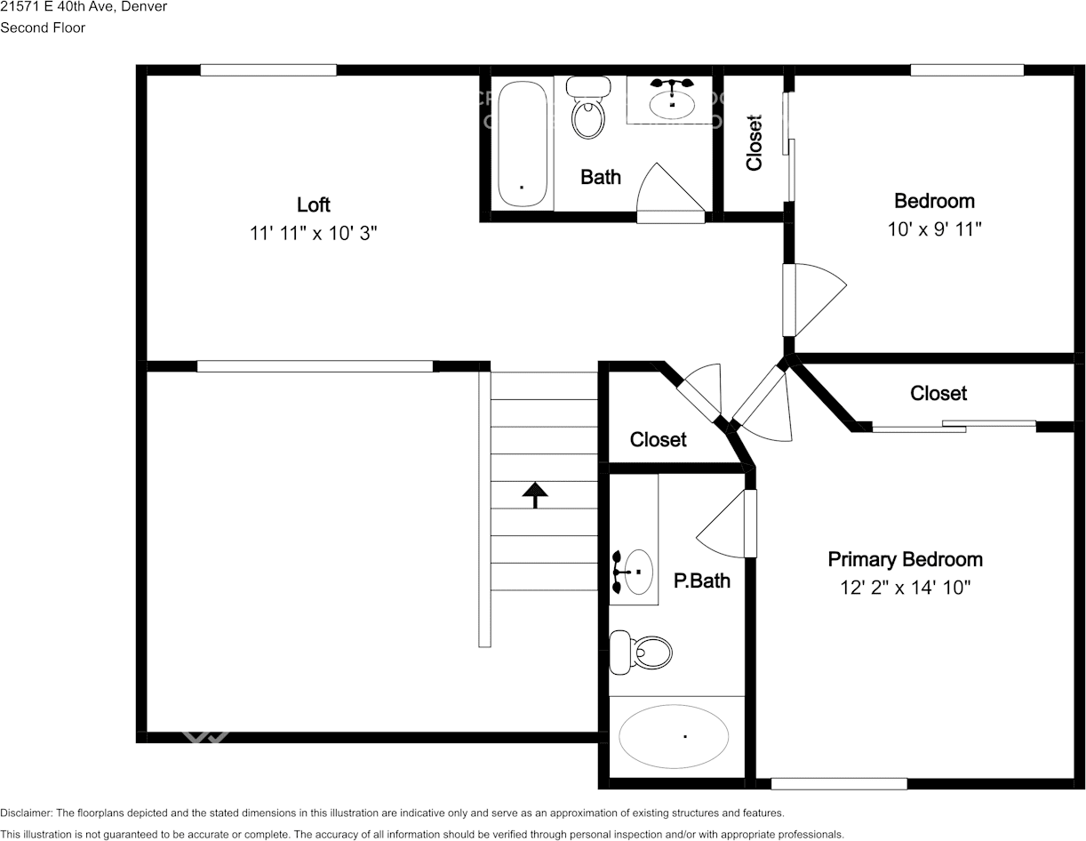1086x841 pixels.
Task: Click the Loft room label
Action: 313,204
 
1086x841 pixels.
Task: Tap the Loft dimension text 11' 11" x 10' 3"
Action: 313,233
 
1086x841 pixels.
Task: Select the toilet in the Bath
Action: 587,108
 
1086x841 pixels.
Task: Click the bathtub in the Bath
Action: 522,145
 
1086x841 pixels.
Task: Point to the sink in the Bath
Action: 672,100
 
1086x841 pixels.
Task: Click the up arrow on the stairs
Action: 534,494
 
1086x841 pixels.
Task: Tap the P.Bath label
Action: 701,581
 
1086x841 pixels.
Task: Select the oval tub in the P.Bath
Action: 674,736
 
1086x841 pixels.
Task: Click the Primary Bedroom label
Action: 905,559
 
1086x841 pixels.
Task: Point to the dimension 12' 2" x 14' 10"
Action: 905,587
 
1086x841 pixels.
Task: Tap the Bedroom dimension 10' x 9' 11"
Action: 934,228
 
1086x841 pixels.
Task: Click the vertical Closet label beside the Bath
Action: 755,142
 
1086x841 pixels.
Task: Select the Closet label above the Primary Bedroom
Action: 938,393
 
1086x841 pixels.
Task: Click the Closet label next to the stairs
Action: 658,439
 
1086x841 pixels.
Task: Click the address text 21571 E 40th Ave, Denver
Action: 84,7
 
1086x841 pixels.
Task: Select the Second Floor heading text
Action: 43,28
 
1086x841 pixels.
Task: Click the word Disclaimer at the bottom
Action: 26,813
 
